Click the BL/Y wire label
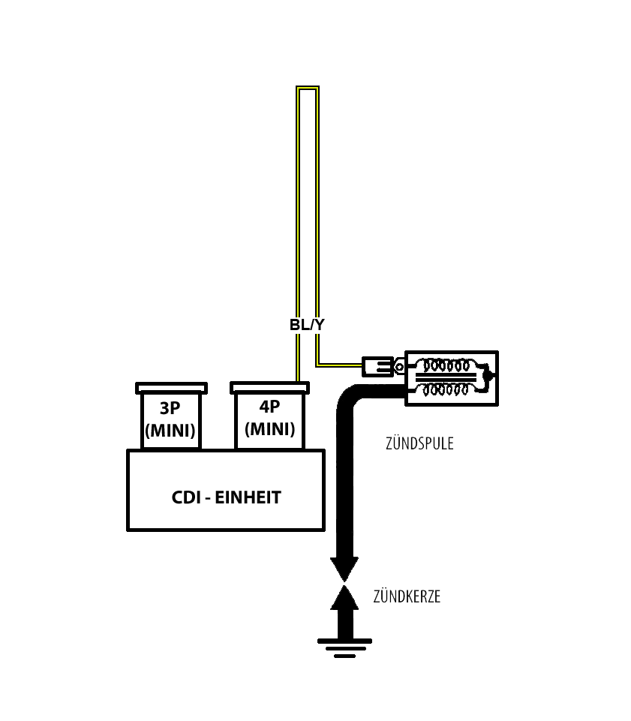(x=308, y=325)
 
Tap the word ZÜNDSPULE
(x=419, y=443)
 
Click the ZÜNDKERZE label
(x=407, y=597)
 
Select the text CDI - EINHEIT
(x=226, y=497)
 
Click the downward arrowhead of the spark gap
(x=345, y=569)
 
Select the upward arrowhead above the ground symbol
(x=345, y=599)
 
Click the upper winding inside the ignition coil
(x=447, y=366)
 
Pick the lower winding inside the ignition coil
(x=447, y=389)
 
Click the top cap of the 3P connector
(x=170, y=388)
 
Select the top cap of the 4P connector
(x=269, y=388)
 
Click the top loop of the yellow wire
(x=308, y=89)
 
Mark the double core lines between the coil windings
(x=447, y=378)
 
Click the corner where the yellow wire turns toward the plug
(x=318, y=365)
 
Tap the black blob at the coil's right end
(x=488, y=375)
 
